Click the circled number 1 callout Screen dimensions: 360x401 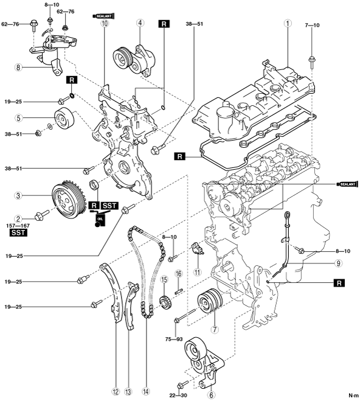pyautogui.click(x=288, y=24)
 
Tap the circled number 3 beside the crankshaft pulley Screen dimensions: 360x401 pyautogui.click(x=18, y=196)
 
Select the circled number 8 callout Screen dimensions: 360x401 pyautogui.click(x=18, y=68)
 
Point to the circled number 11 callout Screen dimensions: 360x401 pyautogui.click(x=198, y=273)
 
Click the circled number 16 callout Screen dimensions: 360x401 pyautogui.click(x=179, y=274)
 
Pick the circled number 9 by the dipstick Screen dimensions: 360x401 pyautogui.click(x=338, y=263)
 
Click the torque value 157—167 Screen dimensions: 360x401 pyautogui.click(x=17, y=226)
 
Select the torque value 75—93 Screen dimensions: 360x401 pyautogui.click(x=174, y=339)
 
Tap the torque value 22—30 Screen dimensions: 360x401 pyautogui.click(x=179, y=396)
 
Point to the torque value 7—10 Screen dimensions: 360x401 pyautogui.click(x=312, y=25)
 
